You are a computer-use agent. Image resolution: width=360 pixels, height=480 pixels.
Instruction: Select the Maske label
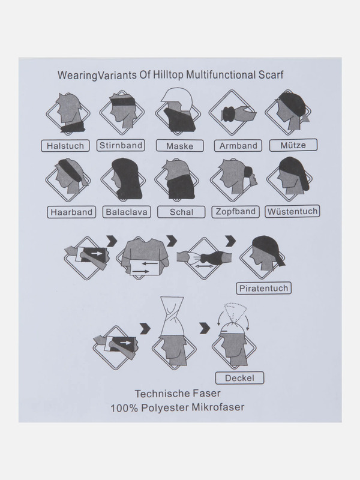(176, 146)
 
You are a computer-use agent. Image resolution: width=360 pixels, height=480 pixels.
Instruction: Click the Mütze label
(292, 145)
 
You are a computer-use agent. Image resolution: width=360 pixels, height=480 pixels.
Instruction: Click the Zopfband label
(235, 212)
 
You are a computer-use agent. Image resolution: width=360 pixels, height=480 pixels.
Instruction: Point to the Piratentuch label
(263, 289)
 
